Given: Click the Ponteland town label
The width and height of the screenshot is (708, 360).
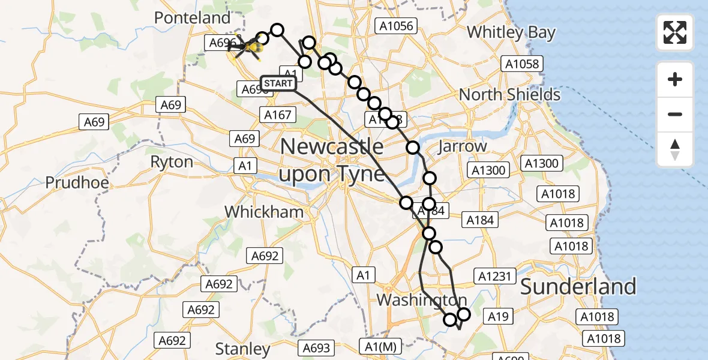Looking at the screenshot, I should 192,18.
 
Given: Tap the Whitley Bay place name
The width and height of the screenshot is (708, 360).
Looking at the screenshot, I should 511,32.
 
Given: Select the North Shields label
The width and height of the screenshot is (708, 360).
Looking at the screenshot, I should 509,95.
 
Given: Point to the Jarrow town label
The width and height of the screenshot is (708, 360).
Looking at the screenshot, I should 462,146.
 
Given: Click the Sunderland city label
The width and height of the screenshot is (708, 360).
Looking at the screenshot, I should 578,287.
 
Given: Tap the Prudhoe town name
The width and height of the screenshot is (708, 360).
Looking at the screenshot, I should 77,182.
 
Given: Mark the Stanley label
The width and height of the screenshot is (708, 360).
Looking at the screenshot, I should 242,349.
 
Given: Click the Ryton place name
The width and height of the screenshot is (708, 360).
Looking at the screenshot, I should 172,162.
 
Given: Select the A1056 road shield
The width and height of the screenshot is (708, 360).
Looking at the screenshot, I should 395,25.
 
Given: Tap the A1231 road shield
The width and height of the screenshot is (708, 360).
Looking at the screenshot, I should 495,276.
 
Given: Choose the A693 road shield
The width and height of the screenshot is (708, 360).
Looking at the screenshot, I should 316,347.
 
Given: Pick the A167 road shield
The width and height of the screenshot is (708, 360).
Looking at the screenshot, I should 278,115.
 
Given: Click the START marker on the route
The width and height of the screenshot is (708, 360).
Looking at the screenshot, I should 278,83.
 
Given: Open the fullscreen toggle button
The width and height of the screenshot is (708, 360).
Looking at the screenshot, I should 675,32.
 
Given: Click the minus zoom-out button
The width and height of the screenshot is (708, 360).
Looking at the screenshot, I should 675,114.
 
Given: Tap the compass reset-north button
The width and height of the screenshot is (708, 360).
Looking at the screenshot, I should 675,149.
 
